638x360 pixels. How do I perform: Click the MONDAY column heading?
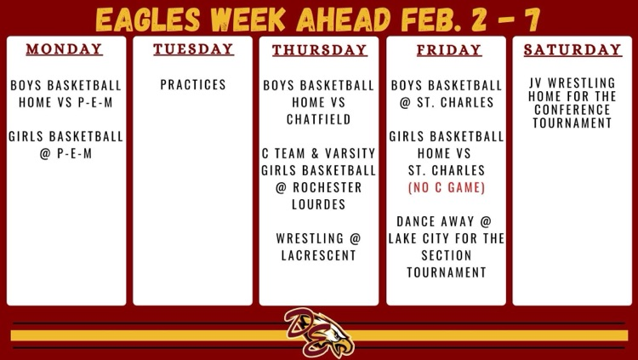pos(64,49)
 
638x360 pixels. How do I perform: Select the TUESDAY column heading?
pos(193,49)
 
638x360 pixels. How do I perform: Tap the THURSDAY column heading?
pos(319,50)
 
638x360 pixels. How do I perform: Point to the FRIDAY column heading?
pos(449,50)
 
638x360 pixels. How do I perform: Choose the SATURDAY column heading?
pos(572,49)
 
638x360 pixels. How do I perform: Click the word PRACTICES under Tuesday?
pos(193,85)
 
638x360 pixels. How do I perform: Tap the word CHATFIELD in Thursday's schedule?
pos(319,119)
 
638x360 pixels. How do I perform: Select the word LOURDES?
pos(319,204)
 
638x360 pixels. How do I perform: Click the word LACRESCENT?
pos(319,255)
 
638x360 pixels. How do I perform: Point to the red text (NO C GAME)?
pos(447,187)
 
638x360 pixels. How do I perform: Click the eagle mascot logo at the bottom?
pos(319,332)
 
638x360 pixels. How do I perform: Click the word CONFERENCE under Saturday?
pos(572,110)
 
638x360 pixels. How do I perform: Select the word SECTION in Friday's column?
pos(447,255)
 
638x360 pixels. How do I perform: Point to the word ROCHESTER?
pos(328,187)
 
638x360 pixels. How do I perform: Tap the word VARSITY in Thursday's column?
pos(350,153)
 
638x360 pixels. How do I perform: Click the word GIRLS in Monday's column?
pos(26,136)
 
